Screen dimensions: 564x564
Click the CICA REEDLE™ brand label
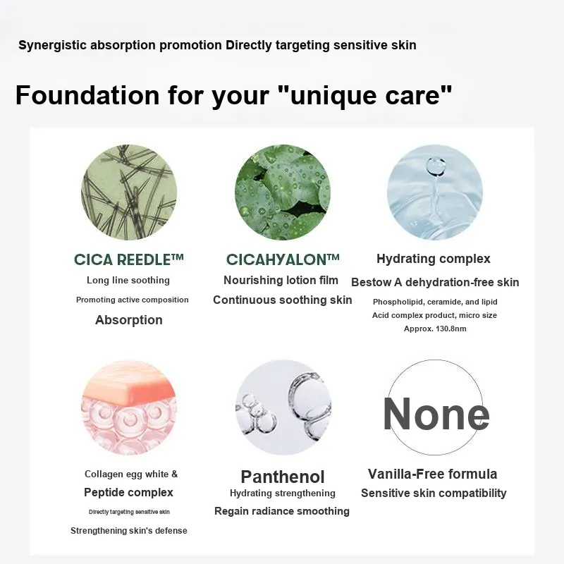[129, 259]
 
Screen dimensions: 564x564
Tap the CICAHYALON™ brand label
[283, 259]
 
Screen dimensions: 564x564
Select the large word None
[436, 414]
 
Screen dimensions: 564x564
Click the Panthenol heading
[283, 477]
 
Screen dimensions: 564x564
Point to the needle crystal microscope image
[129, 192]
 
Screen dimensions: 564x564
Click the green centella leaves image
[283, 192]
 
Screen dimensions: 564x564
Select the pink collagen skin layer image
[129, 407]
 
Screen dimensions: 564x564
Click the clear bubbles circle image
[283, 407]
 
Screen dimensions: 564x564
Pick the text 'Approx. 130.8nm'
[435, 329]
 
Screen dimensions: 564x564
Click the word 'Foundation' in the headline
[87, 95]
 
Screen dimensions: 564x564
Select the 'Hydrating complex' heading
[434, 259]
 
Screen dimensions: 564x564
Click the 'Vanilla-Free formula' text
[433, 474]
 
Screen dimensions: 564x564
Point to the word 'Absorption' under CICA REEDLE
[129, 320]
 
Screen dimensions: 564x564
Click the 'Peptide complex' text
[128, 492]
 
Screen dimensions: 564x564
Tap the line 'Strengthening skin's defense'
[129, 531]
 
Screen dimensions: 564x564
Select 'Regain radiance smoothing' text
[282, 511]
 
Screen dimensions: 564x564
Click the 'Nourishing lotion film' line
[281, 280]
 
